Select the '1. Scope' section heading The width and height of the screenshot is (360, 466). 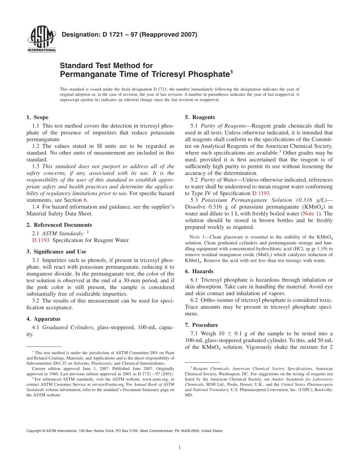click(x=37, y=117)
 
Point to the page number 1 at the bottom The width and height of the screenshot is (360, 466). click(x=180, y=447)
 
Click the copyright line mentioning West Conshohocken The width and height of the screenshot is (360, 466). click(x=125, y=431)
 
